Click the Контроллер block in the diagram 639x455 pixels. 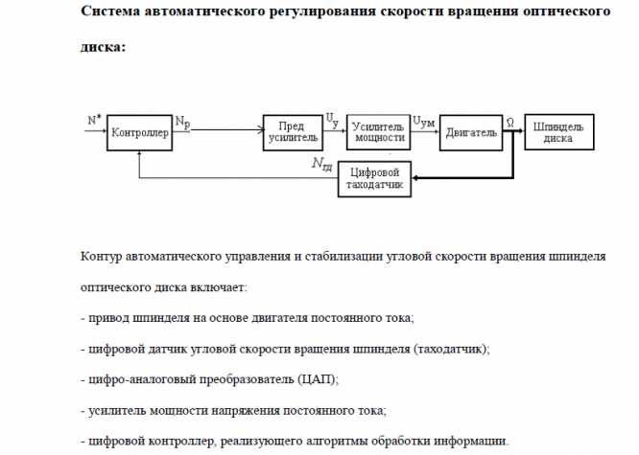click(x=140, y=133)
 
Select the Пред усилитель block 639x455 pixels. click(x=292, y=132)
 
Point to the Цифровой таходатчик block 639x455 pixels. click(x=375, y=178)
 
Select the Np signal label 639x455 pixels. click(x=182, y=124)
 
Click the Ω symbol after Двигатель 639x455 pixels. click(x=509, y=122)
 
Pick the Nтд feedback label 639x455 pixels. click(x=322, y=164)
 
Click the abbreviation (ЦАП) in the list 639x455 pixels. click(x=318, y=379)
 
